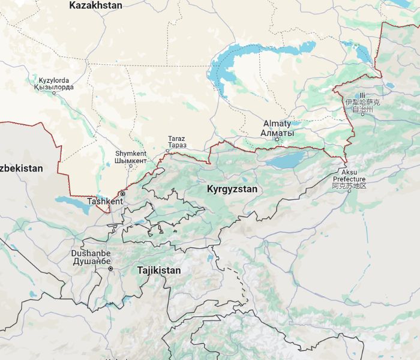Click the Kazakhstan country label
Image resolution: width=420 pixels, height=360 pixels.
point(95,5)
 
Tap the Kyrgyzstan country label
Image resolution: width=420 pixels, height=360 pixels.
point(232,189)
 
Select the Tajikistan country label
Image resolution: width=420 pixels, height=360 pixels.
point(158,271)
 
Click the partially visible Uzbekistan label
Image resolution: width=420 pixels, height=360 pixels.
point(21,169)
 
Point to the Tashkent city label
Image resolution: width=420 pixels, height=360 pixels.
point(105,202)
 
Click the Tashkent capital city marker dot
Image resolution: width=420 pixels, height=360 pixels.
point(122,194)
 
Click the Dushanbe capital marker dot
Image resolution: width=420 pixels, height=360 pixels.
point(110,269)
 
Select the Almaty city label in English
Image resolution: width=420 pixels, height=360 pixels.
point(277,124)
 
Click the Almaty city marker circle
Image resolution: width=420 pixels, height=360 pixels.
point(277,140)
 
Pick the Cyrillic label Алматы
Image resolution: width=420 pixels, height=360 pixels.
point(277,132)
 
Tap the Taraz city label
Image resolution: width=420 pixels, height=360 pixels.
point(176,139)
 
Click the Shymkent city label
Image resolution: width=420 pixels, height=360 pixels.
point(130,154)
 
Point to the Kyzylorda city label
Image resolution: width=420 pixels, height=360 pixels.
point(54,80)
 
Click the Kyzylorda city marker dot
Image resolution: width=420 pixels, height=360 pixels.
point(54,93)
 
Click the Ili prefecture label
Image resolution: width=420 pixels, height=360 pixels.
point(362,95)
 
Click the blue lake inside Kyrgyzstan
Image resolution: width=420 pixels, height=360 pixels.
point(285,160)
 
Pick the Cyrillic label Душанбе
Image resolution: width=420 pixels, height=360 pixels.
point(91,262)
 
